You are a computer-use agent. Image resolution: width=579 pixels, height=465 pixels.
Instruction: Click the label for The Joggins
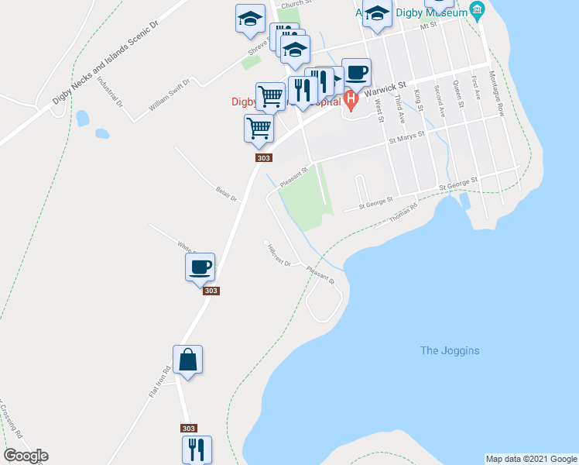pyautogui.click(x=449, y=351)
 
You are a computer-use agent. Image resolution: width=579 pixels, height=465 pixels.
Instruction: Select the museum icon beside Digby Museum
pyautogui.click(x=478, y=12)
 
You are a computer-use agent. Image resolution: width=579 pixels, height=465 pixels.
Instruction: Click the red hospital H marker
pyautogui.click(x=351, y=99)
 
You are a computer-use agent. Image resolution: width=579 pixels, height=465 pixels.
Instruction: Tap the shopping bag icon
pyautogui.click(x=187, y=360)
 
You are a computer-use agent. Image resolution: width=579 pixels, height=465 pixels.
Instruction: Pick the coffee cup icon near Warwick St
pyautogui.click(x=356, y=73)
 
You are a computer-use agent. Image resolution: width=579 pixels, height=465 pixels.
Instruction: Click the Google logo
pyautogui.click(x=26, y=456)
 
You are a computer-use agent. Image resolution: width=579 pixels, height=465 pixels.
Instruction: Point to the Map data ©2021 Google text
pyautogui.click(x=531, y=459)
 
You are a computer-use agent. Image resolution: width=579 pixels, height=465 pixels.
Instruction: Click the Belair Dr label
pyautogui.click(x=225, y=193)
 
